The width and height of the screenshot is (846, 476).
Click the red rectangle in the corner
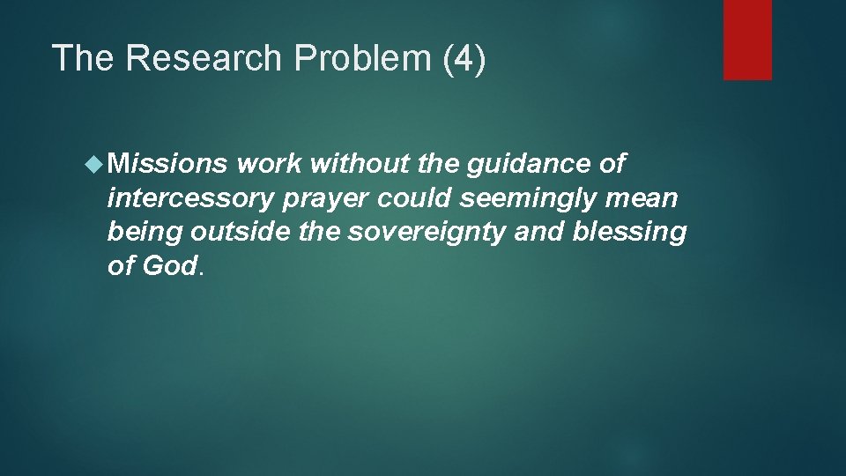(747, 40)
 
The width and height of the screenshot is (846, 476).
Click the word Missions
(168, 164)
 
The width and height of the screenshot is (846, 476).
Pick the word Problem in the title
(360, 58)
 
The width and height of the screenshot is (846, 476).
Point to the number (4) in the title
(462, 58)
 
